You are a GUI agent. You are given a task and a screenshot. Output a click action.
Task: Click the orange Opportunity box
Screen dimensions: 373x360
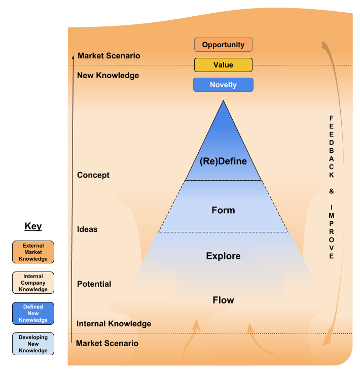(223, 45)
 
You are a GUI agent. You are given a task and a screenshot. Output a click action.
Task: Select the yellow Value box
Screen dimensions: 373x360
(223, 65)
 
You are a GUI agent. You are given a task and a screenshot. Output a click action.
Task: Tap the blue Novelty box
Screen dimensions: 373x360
(223, 85)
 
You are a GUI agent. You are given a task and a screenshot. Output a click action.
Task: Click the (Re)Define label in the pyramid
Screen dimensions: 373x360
(223, 161)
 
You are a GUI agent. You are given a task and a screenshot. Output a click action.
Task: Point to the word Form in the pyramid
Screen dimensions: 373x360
(223, 210)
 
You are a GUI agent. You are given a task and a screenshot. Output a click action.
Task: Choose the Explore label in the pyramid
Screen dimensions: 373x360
(223, 256)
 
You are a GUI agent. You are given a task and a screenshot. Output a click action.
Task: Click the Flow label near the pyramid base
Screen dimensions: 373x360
(223, 300)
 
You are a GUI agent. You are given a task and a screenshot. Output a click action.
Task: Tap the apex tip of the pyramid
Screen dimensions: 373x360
(223, 101)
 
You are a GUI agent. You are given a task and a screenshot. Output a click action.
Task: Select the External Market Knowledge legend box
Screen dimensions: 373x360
(33, 252)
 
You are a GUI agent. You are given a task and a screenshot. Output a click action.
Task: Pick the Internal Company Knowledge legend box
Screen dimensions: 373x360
(33, 283)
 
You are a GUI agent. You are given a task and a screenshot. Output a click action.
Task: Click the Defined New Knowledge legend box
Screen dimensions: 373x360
(33, 313)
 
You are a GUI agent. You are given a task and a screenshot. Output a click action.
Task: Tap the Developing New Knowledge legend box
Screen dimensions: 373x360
(33, 344)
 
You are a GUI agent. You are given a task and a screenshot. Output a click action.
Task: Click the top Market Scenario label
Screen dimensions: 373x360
(109, 56)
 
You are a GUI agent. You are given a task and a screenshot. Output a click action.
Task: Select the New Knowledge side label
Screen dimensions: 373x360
(107, 76)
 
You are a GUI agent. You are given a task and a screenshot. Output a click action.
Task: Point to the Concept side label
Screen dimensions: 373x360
(93, 175)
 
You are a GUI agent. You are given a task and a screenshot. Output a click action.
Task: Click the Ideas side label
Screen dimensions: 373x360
(87, 229)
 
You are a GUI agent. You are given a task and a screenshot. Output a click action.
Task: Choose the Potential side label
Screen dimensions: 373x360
(94, 284)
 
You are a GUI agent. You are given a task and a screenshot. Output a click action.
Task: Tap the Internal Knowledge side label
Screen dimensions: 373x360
(114, 324)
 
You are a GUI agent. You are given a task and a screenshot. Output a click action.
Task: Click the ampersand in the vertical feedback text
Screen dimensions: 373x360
(331, 191)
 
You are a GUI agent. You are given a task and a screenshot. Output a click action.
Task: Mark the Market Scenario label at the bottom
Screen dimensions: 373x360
(107, 344)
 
